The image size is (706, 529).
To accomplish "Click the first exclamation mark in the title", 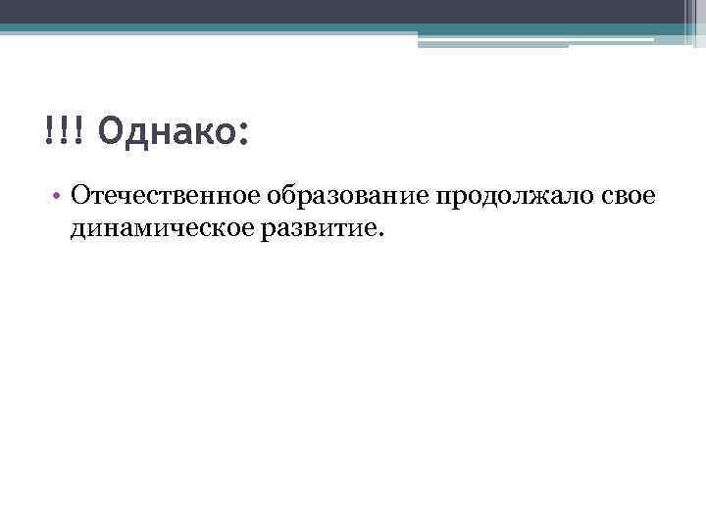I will pyautogui.click(x=49, y=129).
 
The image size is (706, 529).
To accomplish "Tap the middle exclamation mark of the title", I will pyautogui.click(x=64, y=129).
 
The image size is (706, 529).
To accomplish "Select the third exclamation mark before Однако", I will pyautogui.click(x=78, y=129).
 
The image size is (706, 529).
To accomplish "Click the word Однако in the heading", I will pyautogui.click(x=165, y=129).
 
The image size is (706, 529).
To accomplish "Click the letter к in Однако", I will pyautogui.click(x=203, y=131).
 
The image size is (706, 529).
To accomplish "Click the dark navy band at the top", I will pyautogui.click(x=343, y=11).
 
